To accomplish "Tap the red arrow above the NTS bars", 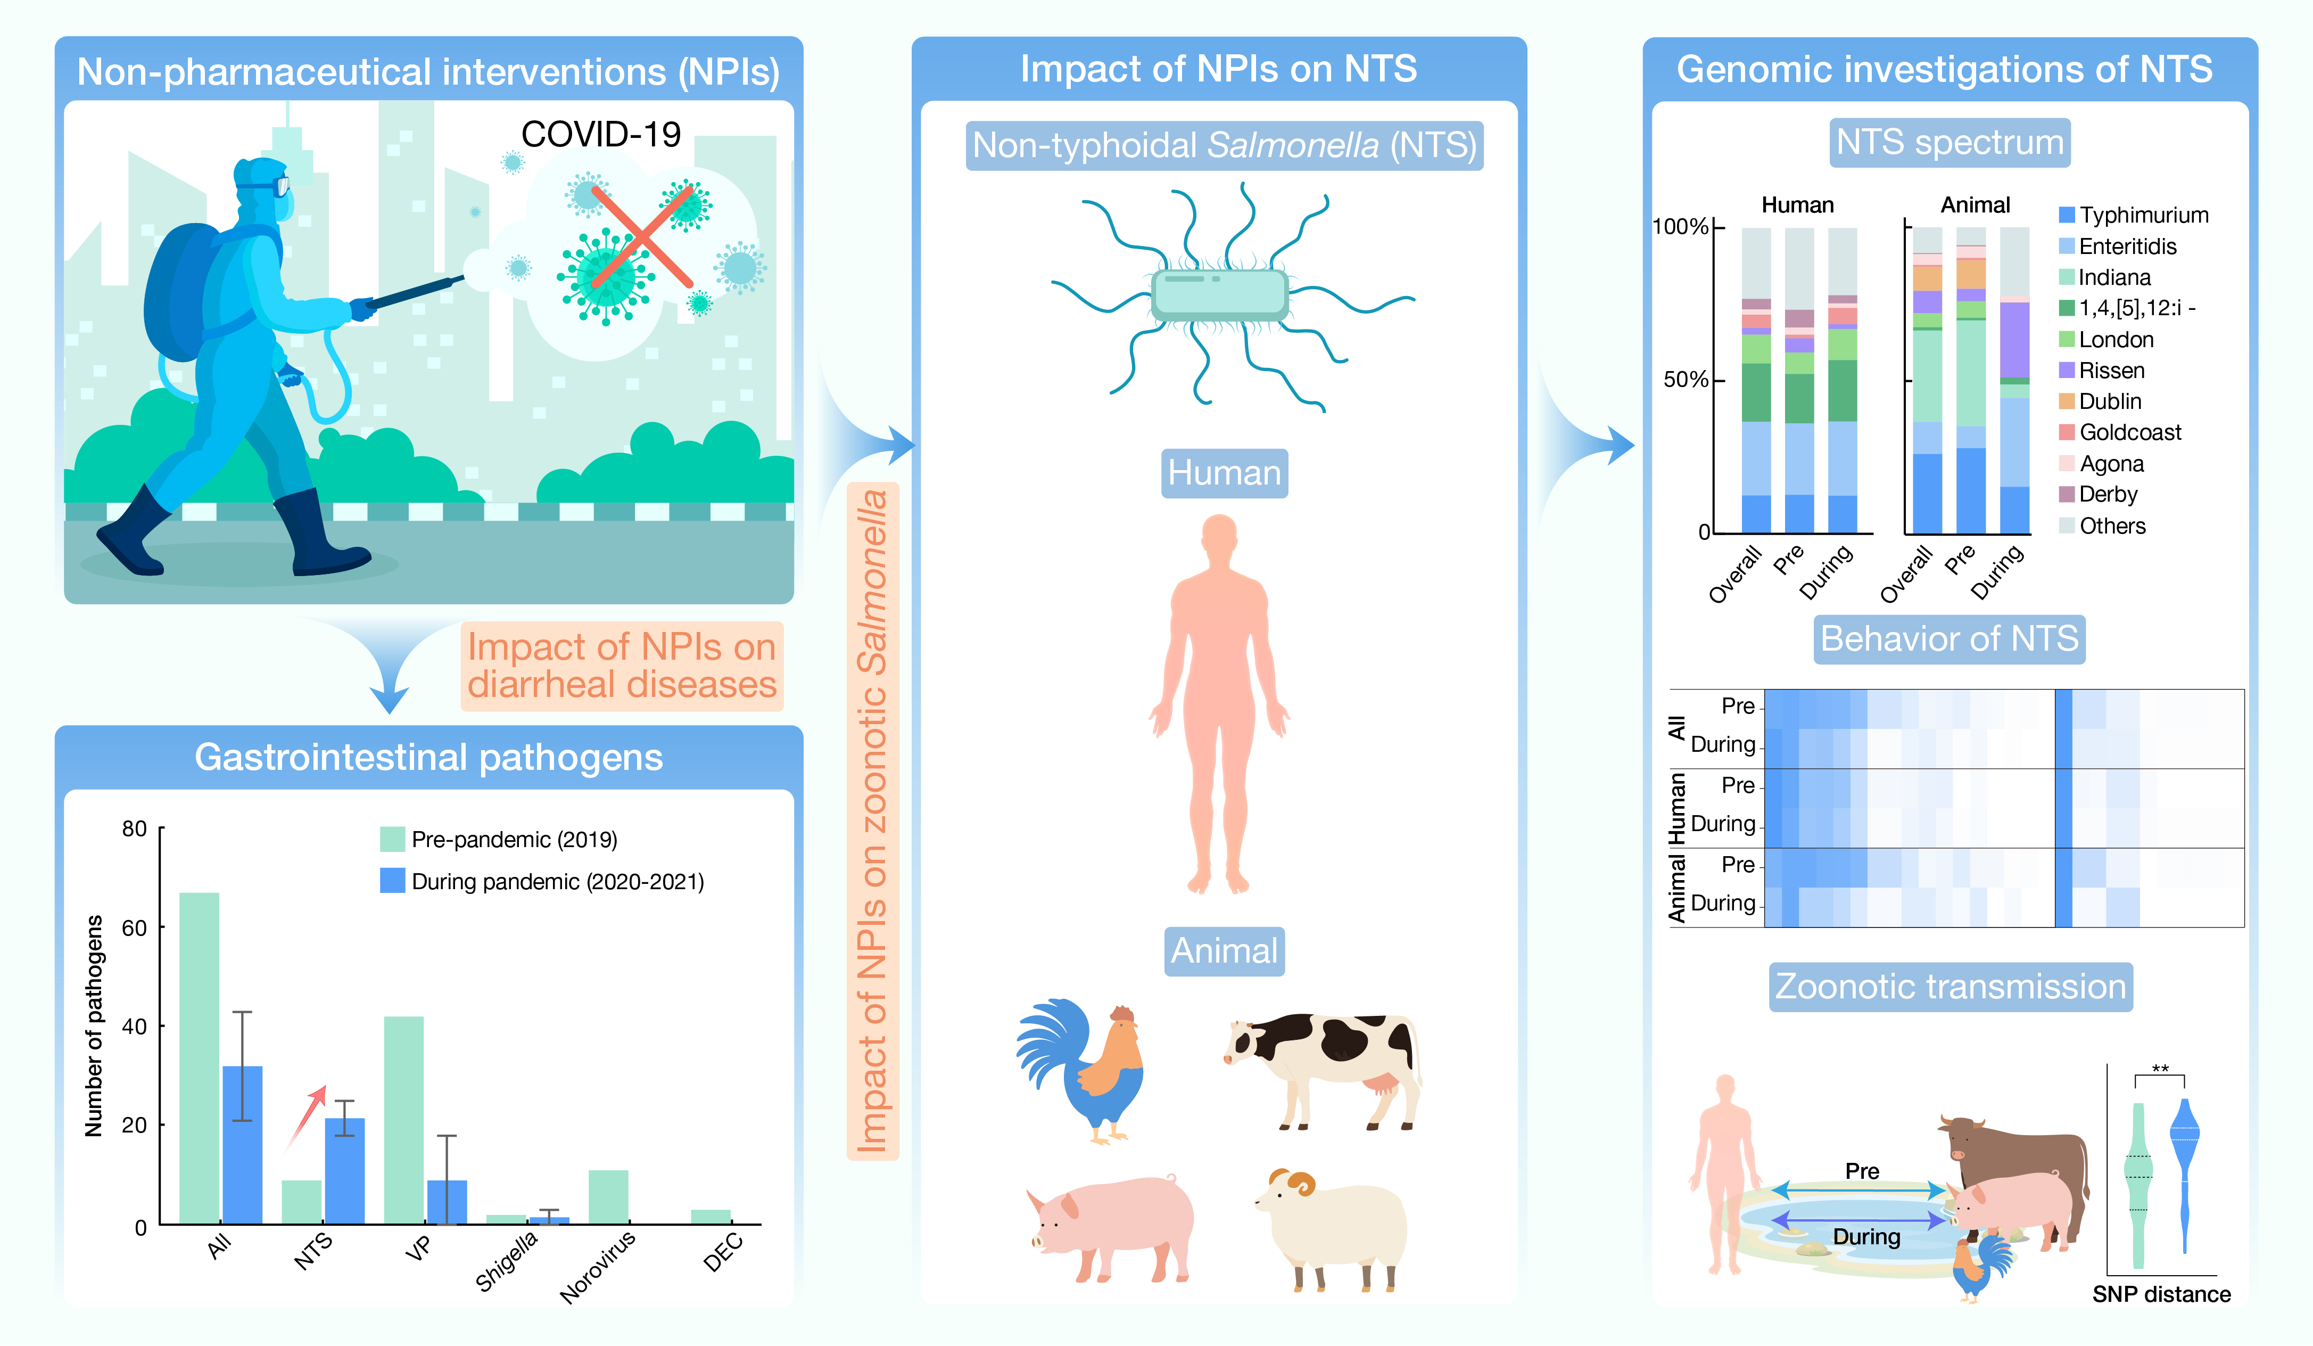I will coord(305,1115).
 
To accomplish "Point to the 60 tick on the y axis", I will coord(134,928).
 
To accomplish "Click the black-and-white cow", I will coord(1321,1065).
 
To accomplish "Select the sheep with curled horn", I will coord(1332,1226).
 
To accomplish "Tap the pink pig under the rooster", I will coord(1111,1226).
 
